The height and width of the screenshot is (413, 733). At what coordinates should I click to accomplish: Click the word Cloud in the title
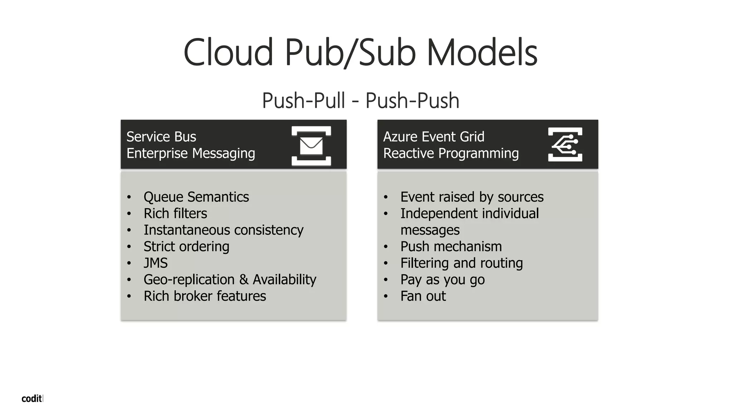coord(228,53)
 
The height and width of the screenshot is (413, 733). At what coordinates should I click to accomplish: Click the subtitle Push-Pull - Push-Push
coord(360,100)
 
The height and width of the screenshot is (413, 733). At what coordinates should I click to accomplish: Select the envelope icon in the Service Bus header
coord(311,146)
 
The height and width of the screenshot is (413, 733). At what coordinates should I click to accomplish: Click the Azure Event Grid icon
coord(565,144)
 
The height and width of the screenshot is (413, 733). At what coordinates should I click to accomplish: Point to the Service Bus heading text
coord(161,137)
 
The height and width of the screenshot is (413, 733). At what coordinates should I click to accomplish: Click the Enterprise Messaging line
coord(190,153)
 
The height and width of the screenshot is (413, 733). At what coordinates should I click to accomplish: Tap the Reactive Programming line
coord(451,153)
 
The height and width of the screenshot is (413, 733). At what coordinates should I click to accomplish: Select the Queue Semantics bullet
coord(196,197)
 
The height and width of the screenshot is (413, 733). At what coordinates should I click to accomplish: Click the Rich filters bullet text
coord(175,214)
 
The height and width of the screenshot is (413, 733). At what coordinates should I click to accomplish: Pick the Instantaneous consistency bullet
coord(223,230)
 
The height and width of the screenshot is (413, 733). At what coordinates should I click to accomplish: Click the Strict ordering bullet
coord(186,247)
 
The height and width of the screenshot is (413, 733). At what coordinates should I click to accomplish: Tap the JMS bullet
coord(155,263)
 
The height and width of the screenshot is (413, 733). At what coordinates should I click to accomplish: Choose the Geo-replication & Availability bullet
coord(230,280)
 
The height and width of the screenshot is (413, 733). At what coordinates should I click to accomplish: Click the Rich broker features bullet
coord(205,296)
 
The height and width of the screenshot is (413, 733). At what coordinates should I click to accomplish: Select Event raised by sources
coord(472,197)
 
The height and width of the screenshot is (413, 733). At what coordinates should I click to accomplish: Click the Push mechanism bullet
coord(451,247)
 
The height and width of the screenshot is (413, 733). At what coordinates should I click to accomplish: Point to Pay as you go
coord(442,280)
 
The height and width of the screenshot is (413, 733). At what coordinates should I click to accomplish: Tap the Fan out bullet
coord(423,296)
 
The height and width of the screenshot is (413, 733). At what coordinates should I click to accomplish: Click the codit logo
coord(32,399)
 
